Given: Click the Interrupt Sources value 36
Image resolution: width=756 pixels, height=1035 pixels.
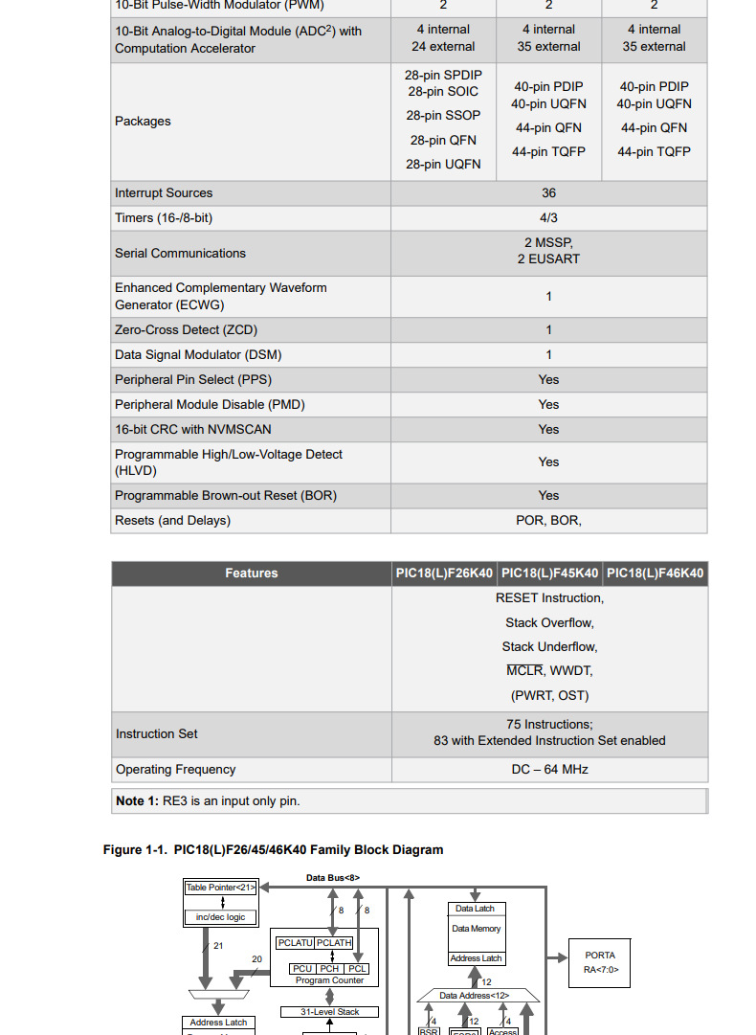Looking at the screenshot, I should (548, 193).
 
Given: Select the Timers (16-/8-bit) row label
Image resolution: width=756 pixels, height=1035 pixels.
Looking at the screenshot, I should (164, 218).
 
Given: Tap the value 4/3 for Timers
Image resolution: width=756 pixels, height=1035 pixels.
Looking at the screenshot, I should (548, 218).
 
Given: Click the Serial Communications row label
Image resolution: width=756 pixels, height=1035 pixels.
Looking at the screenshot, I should (180, 254).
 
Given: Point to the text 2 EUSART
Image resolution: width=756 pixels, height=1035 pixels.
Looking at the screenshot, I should (548, 259).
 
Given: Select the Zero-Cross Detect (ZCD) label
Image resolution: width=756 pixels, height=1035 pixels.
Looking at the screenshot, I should (186, 330).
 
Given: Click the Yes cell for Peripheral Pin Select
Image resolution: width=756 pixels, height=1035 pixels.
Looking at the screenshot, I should (548, 380).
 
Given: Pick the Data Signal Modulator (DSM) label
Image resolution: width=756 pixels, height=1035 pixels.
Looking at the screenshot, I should (198, 355).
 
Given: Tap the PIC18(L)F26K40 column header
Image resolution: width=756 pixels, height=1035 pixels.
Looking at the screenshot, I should (444, 574).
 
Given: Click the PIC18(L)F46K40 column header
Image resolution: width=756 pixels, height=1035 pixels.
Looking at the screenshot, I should (656, 574).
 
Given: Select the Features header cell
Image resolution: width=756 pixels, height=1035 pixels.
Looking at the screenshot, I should (252, 574).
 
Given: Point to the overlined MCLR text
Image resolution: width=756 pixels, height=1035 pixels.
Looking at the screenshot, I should (524, 671).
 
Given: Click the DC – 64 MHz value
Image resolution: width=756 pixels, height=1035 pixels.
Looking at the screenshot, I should (549, 770).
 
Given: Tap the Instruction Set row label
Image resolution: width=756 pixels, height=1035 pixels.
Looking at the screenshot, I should (157, 734).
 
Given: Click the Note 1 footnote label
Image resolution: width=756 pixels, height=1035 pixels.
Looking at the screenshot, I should (137, 801).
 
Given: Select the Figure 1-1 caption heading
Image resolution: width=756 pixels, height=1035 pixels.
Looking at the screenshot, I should (273, 850).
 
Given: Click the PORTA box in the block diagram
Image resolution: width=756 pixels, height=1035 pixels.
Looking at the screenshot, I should (600, 962).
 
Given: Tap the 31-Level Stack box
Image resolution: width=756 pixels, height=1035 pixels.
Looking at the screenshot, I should (329, 1012).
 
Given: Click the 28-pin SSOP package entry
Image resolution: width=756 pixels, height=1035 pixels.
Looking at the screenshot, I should (443, 116).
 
